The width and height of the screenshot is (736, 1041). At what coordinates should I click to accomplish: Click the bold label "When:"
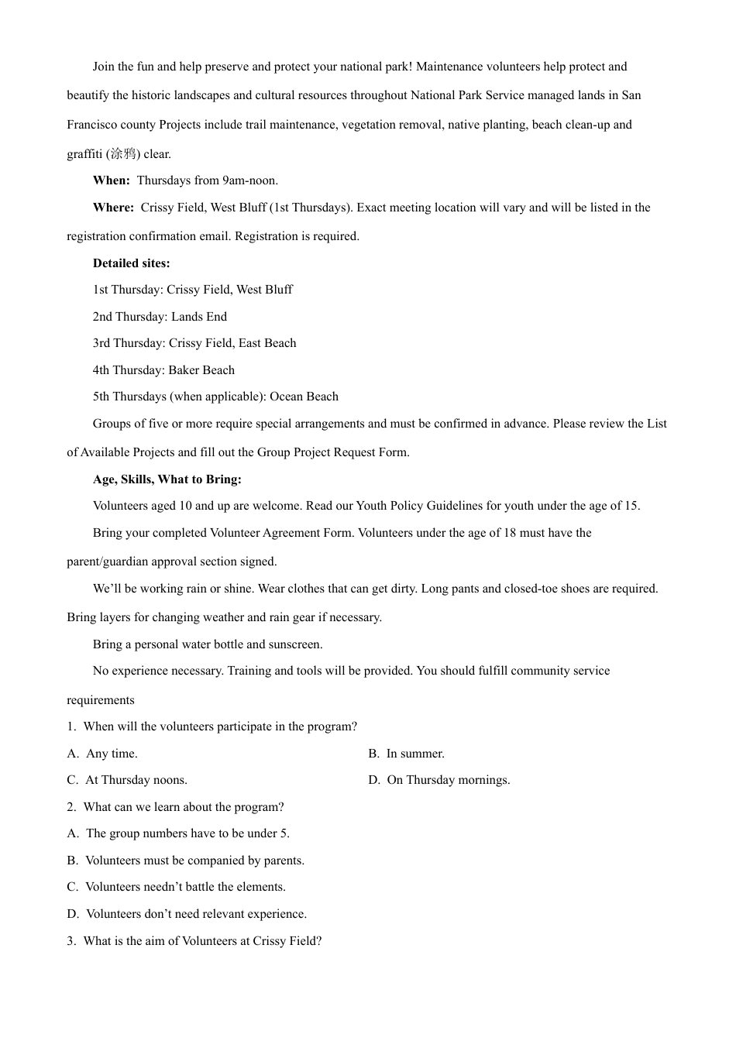coord(112,180)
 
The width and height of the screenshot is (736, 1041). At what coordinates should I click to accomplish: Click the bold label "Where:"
coord(113,208)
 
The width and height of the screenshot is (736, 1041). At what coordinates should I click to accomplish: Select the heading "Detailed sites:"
coord(131,263)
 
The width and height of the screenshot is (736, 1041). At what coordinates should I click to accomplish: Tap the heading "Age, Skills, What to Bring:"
coord(167,479)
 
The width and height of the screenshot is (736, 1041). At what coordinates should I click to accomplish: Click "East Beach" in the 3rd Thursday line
coord(267,343)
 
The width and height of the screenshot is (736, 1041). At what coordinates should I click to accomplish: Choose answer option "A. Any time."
coord(102,754)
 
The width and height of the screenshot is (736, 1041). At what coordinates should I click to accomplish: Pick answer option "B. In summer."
coord(406,754)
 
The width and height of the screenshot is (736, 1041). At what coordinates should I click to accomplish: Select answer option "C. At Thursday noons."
coord(127,780)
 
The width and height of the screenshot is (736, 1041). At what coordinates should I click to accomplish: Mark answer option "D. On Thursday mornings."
coord(439,780)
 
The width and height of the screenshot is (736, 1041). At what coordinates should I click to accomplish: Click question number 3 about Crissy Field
coord(71,941)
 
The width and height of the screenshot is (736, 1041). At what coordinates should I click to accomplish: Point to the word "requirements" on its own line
coord(101,700)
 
